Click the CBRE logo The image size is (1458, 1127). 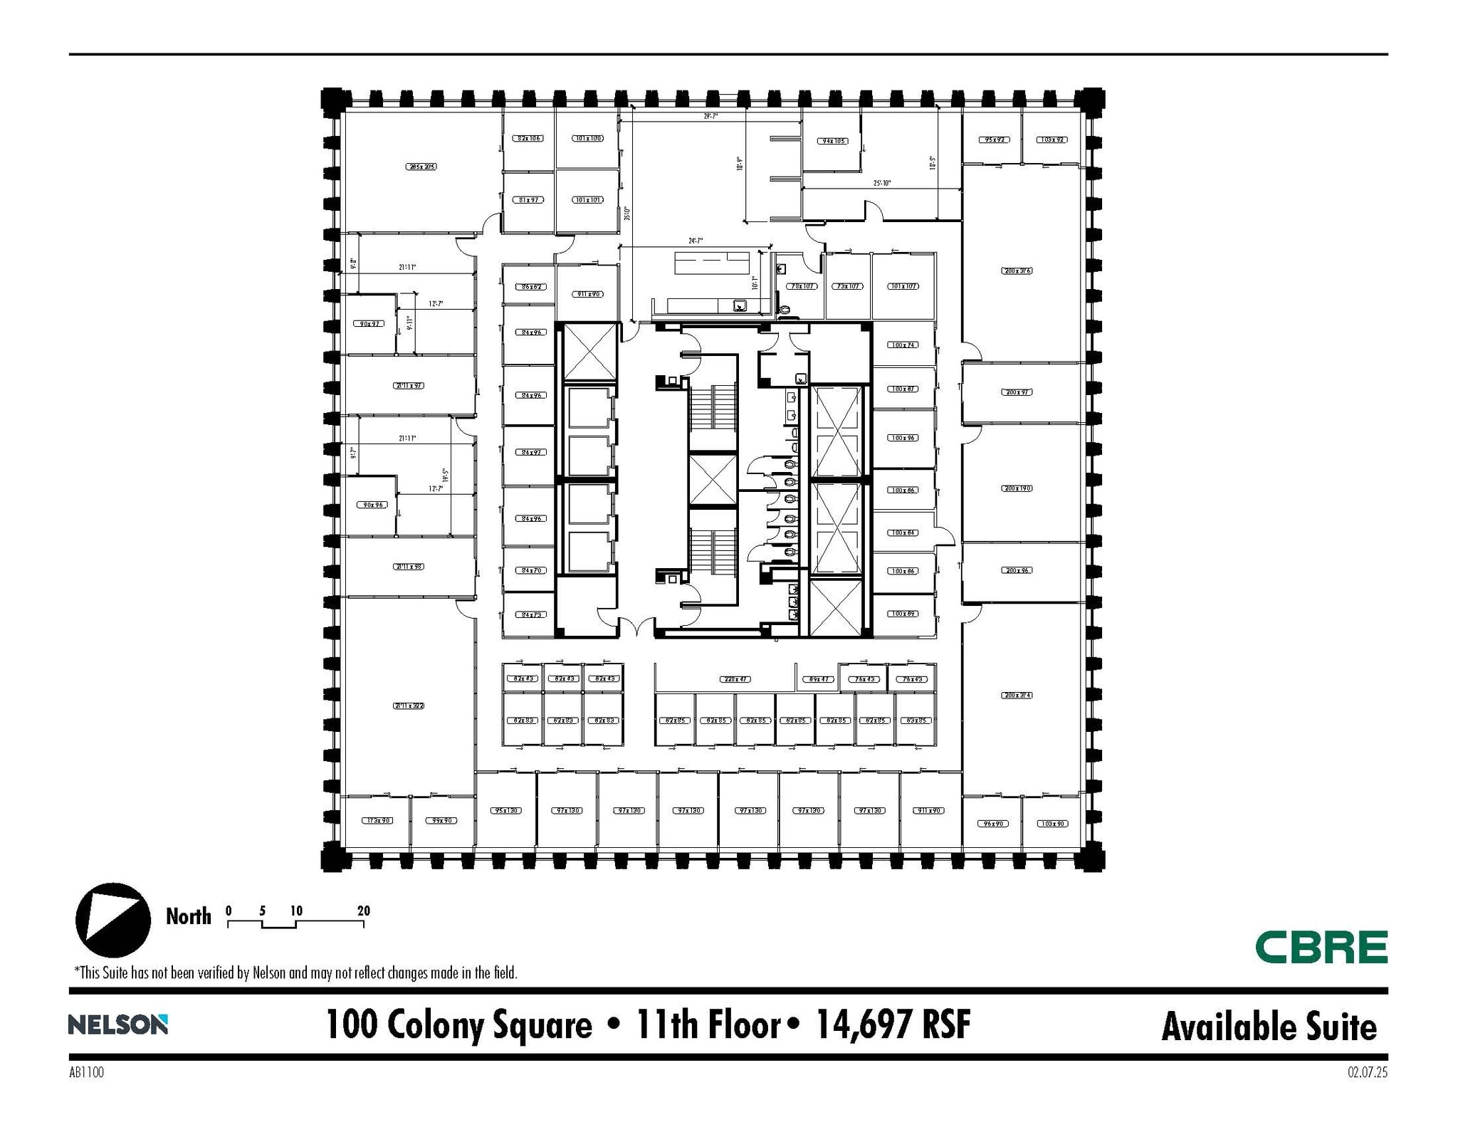(1321, 947)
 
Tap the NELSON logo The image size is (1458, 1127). (118, 1024)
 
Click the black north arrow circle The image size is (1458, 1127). (113, 920)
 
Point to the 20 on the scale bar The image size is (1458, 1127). (364, 911)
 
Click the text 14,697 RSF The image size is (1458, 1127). (893, 1024)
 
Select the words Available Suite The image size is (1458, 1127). (1269, 1027)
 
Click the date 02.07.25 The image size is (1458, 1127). (1367, 1073)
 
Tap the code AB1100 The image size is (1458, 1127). (86, 1073)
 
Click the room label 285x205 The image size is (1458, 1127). (421, 167)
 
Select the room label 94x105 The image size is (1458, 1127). (833, 141)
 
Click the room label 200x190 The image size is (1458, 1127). (1017, 488)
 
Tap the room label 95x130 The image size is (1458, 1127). (507, 810)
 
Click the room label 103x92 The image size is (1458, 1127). (1051, 140)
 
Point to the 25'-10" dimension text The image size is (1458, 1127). (882, 183)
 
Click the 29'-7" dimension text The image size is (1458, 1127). (710, 115)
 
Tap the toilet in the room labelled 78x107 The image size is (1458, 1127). (785, 310)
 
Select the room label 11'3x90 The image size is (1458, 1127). (377, 820)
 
